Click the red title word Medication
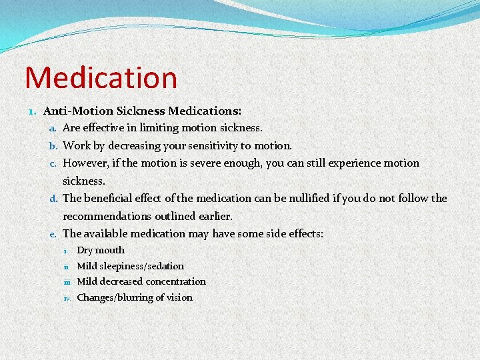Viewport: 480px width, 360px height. click(x=101, y=77)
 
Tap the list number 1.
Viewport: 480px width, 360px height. click(x=33, y=110)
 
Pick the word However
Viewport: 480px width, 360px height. click(x=86, y=163)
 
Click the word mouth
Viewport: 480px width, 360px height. click(x=110, y=250)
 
